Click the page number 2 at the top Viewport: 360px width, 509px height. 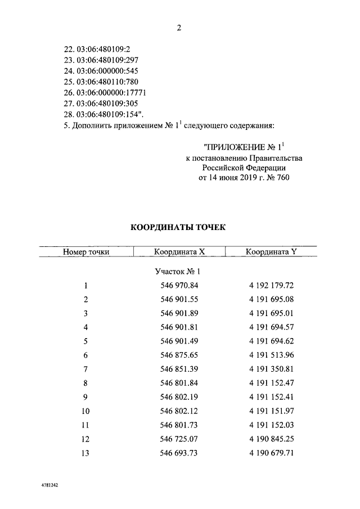click(x=179, y=28)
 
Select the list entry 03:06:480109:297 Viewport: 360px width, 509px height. click(x=98, y=60)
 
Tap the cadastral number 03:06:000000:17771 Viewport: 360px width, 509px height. click(x=103, y=93)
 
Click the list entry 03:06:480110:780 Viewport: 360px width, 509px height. click(x=98, y=82)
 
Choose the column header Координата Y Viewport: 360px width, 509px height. click(x=271, y=252)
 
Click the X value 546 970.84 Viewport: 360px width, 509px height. click(x=179, y=285)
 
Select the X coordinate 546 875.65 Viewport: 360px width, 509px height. click(x=179, y=355)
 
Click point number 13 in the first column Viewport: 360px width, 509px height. click(x=85, y=454)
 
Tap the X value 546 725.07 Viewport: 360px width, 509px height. click(x=179, y=440)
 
